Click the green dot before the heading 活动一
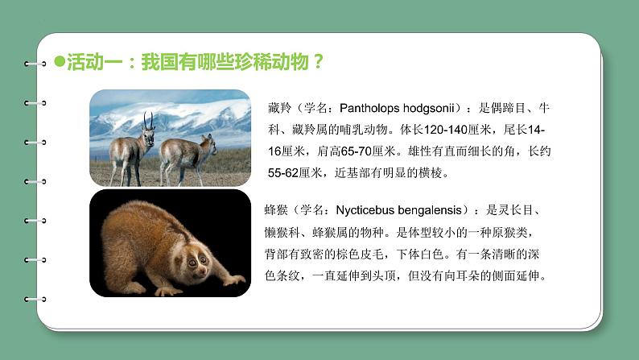58,61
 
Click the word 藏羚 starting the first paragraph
276,107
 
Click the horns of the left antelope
148,120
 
